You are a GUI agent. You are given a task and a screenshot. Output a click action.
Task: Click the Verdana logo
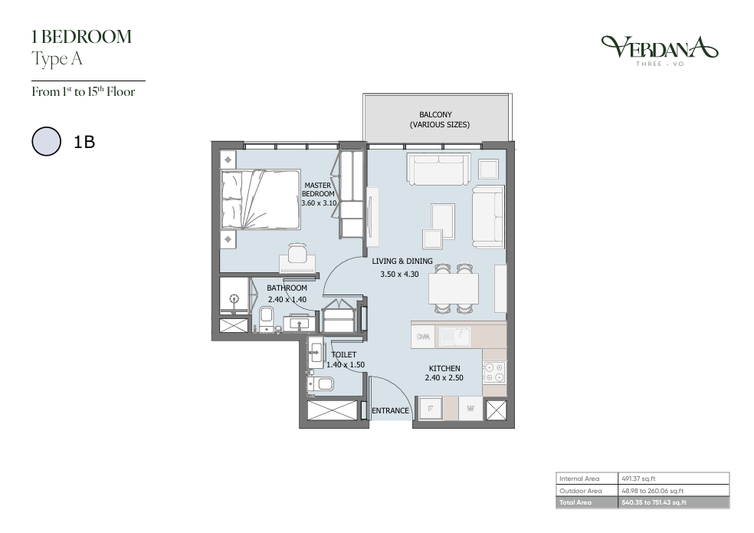(659, 50)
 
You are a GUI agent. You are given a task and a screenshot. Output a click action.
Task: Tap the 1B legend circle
(46, 141)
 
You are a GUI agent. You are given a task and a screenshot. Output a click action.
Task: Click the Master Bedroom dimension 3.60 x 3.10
(319, 203)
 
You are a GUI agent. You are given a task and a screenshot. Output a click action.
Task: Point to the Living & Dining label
(402, 261)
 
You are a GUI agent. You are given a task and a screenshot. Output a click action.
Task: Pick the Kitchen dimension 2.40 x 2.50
(444, 378)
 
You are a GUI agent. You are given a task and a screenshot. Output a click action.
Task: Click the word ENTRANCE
(391, 411)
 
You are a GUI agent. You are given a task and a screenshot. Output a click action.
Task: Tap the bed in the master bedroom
(261, 199)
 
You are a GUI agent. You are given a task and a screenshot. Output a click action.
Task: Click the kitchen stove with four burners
(493, 372)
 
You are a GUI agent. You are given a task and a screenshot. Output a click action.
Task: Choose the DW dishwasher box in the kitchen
(423, 337)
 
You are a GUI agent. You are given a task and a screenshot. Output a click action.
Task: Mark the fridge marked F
(431, 410)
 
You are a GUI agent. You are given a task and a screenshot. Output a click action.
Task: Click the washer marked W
(470, 409)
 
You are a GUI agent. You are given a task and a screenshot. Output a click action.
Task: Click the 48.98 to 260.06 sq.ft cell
(653, 491)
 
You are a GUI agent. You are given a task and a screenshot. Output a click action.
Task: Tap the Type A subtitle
(57, 59)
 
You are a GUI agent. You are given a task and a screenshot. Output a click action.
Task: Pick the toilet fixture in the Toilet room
(321, 383)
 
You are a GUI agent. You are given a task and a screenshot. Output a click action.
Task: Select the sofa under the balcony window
(438, 169)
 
